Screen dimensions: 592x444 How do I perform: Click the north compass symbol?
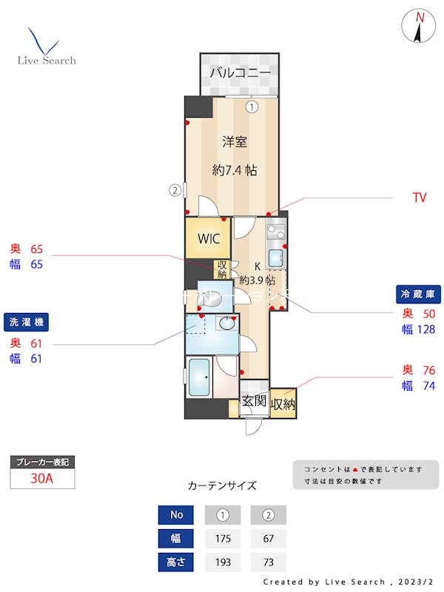click(419, 27)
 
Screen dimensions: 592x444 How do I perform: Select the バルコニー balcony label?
click(239, 73)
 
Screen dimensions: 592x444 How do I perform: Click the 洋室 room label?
click(235, 141)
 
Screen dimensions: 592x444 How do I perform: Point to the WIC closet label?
click(208, 239)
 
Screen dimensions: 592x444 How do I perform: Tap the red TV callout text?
click(420, 198)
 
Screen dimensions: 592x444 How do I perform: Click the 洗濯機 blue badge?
click(27, 322)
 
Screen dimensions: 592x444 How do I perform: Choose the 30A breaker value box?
click(42, 478)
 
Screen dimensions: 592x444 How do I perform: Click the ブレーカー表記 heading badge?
click(42, 462)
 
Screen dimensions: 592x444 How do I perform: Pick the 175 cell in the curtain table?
click(223, 538)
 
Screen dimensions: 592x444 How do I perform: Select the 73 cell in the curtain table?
click(268, 562)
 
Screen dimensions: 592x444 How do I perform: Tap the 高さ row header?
click(176, 562)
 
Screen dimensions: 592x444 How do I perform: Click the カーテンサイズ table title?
click(222, 486)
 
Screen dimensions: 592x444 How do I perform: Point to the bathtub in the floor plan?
click(200, 378)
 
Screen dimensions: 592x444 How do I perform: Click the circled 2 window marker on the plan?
click(175, 189)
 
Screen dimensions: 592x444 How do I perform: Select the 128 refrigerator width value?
click(425, 329)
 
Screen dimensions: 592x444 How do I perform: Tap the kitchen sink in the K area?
click(275, 259)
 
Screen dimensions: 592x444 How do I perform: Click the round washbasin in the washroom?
click(226, 323)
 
